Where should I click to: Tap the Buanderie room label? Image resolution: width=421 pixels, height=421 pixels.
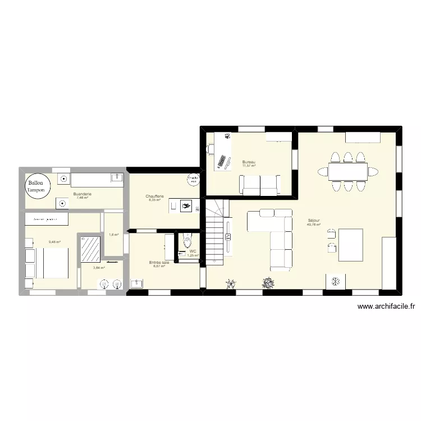(83, 194)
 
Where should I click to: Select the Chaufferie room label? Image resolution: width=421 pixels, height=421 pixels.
(155, 196)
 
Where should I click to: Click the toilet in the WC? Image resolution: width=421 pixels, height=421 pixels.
(187, 242)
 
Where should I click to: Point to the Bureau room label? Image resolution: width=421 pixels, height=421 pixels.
(249, 162)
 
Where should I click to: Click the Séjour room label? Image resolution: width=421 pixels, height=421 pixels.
(313, 221)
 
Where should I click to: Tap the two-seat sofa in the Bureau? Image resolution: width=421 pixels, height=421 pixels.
(260, 184)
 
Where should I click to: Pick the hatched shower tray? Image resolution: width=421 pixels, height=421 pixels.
(90, 249)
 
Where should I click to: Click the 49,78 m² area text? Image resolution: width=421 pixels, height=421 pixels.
(313, 225)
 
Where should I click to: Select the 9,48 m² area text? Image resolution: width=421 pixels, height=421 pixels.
(54, 242)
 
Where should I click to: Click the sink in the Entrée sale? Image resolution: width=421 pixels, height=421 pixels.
(136, 283)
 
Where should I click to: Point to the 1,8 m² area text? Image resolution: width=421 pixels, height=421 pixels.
(113, 235)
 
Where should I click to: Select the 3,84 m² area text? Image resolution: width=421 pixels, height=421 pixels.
(99, 268)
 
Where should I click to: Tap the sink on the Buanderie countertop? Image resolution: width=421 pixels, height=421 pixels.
(117, 179)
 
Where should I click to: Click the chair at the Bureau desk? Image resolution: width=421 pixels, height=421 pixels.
(210, 149)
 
